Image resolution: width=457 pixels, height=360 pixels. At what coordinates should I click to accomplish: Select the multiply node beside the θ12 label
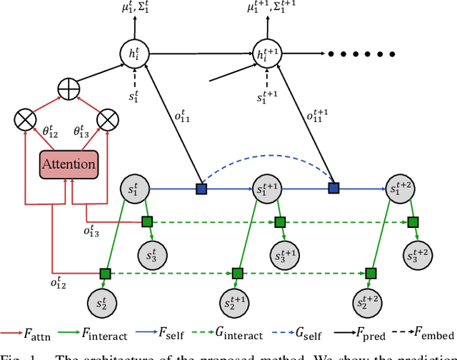[x=26, y=119]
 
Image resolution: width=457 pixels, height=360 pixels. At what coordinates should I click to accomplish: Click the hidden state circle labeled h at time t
[x=134, y=53]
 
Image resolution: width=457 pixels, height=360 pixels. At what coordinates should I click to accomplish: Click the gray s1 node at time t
[x=134, y=189]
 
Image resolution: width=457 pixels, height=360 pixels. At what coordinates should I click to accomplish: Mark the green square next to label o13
[x=146, y=221]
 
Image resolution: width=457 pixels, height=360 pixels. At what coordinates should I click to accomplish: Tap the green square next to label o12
[x=105, y=272]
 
